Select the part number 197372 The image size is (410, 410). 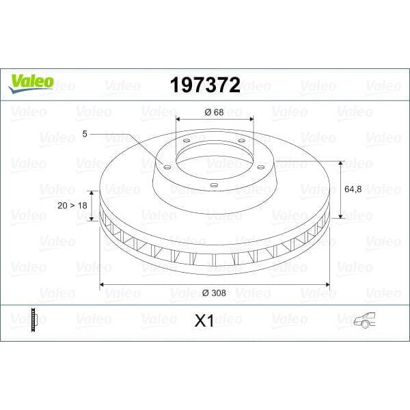point(204,84)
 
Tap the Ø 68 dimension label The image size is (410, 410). point(214,111)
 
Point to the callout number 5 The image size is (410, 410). point(85,135)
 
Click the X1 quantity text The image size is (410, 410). point(204,320)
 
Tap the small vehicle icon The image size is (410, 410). point(366,320)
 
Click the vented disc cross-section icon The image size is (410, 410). point(33,320)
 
